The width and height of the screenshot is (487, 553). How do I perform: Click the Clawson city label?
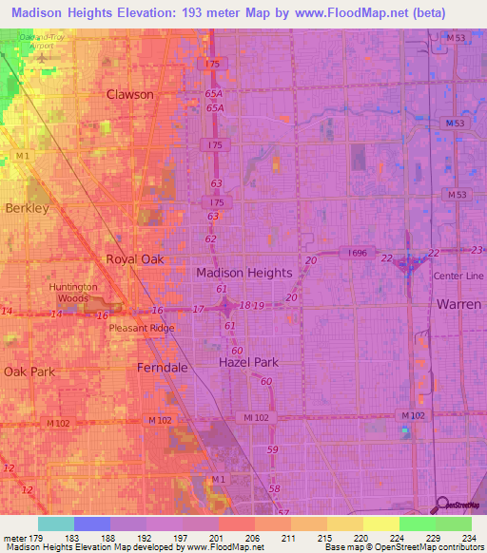[x=130, y=94]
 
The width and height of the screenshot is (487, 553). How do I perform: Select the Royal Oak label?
[x=134, y=258]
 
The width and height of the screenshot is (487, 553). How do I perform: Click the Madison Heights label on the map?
[x=243, y=272]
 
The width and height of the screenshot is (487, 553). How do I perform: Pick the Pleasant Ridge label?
[x=141, y=328]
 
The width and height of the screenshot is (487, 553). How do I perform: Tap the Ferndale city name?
[x=164, y=366]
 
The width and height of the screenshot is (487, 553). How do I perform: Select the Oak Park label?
[x=29, y=372]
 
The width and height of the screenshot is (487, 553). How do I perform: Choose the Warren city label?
[x=459, y=304]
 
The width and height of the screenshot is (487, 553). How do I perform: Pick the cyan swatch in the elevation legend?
[x=55, y=524]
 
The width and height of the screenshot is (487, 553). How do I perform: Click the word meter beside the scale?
[x=12, y=539]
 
